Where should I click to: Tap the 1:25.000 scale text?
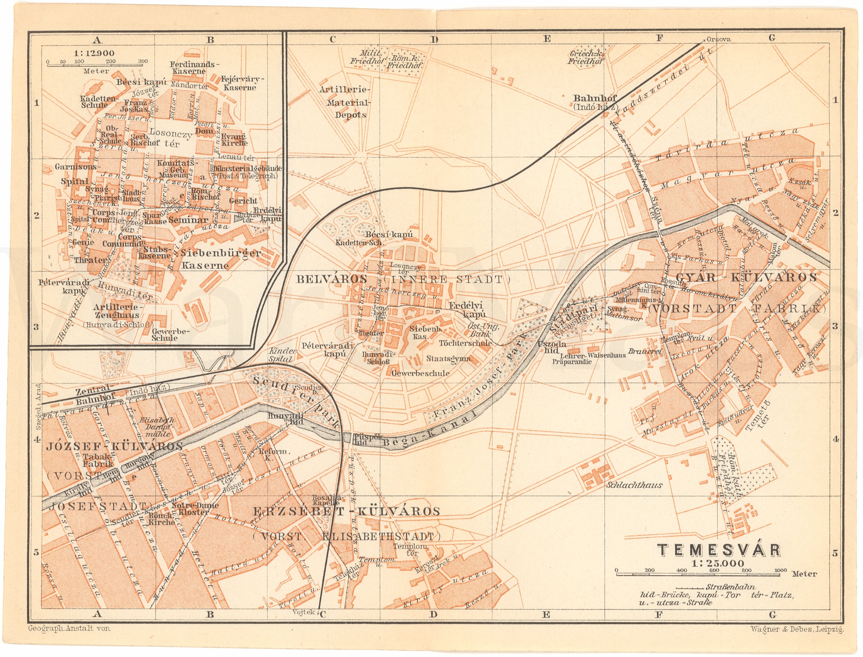[718, 563]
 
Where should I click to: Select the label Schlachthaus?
[634, 485]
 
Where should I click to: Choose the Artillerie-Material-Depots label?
[344, 102]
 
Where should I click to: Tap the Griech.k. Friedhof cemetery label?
[585, 58]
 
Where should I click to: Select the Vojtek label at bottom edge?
[303, 612]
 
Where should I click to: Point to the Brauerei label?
[645, 351]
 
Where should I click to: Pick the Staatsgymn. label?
[449, 358]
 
